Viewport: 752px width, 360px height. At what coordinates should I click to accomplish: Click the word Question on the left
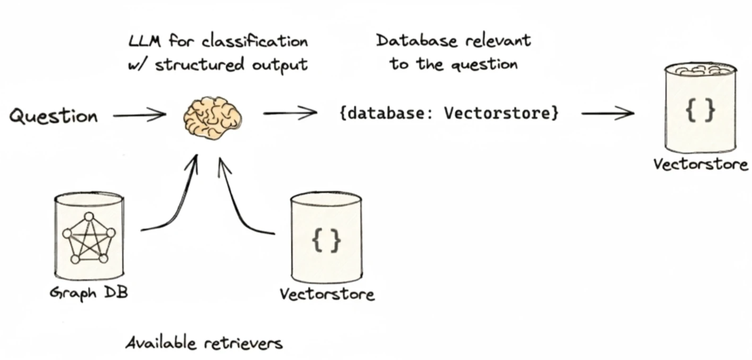pos(54,116)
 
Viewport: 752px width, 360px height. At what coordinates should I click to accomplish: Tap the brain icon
pos(213,118)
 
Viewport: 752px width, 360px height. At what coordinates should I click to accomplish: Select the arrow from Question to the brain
pos(140,115)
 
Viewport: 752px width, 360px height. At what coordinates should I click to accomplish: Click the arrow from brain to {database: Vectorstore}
pos(290,113)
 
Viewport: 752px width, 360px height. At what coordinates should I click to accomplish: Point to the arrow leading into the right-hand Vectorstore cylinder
pos(608,113)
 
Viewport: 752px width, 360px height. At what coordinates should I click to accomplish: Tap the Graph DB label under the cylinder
pos(90,292)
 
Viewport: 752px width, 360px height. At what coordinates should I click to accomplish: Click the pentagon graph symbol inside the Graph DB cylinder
pos(89,238)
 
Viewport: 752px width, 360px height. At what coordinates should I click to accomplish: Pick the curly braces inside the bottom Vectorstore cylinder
pos(326,240)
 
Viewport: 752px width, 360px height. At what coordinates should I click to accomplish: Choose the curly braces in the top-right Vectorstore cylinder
pos(701,111)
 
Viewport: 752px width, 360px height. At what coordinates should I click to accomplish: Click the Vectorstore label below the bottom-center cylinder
pos(327,294)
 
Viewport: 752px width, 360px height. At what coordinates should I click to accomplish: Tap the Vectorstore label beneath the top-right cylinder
pos(701,164)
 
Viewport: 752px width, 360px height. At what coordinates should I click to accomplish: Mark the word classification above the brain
pos(255,42)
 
